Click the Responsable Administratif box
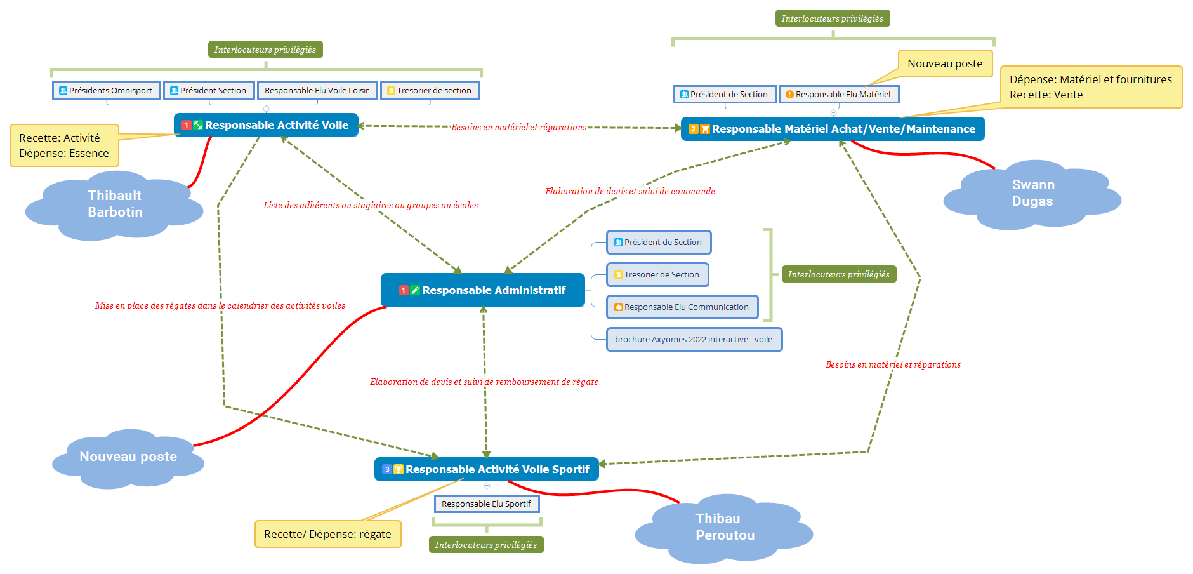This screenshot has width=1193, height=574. click(482, 290)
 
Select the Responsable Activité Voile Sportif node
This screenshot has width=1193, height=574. click(486, 469)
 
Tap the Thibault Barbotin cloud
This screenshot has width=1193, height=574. click(115, 204)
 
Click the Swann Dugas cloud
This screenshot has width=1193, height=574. click(1032, 193)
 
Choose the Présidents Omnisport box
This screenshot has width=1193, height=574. click(107, 91)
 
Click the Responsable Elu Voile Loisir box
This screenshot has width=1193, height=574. click(317, 91)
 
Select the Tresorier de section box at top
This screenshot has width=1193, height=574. click(430, 91)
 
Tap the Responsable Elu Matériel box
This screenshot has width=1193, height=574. click(838, 95)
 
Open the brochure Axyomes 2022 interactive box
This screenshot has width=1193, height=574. click(694, 340)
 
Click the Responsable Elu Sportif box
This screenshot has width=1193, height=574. click(487, 504)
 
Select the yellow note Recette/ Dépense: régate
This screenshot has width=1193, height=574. click(328, 534)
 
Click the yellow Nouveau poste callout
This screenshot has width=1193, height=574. click(945, 63)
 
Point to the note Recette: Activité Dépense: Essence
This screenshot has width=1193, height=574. click(64, 145)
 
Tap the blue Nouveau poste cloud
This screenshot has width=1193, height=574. click(128, 457)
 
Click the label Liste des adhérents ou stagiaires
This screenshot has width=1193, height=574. click(371, 205)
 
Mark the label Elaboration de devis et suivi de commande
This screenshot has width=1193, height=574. click(630, 191)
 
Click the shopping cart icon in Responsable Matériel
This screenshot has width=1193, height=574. click(705, 130)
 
